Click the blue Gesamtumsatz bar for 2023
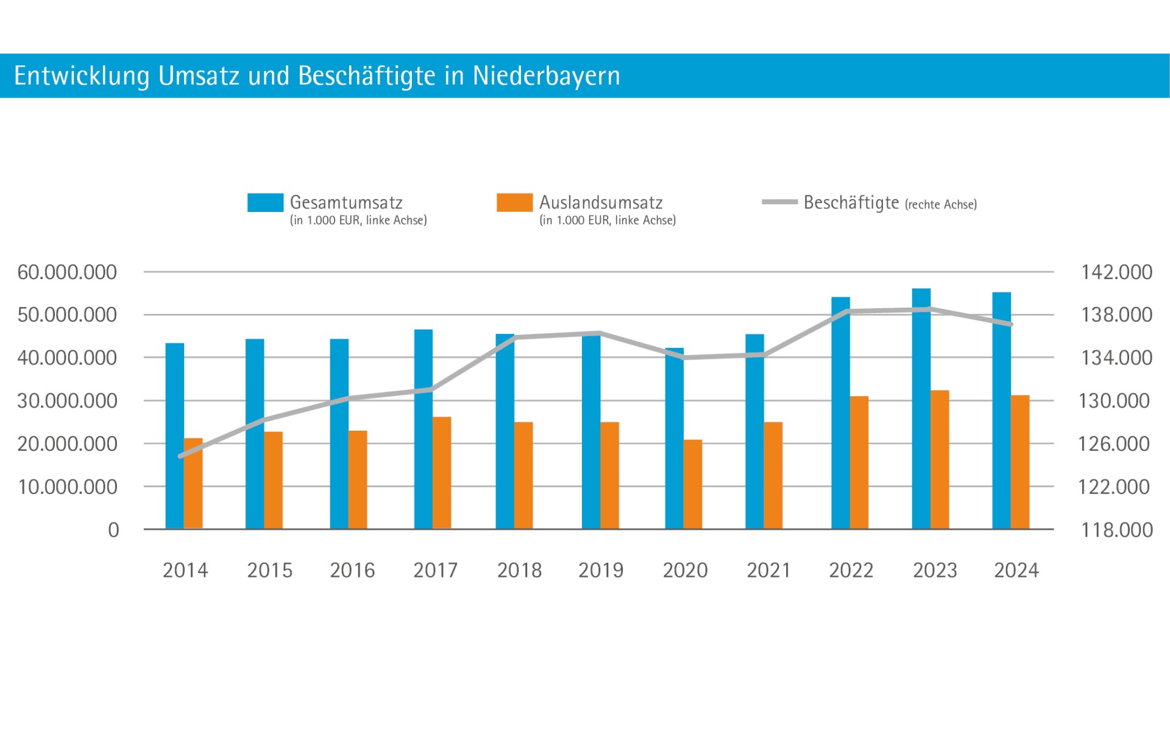(x=921, y=414)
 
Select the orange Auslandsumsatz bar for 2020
(x=693, y=484)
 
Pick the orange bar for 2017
(x=442, y=473)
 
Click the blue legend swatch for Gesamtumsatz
(x=265, y=203)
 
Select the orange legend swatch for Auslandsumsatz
(x=514, y=203)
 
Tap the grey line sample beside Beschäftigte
(x=779, y=202)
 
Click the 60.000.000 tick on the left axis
(x=67, y=272)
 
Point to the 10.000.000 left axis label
(x=68, y=487)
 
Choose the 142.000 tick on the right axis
(x=1116, y=272)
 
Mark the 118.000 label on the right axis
(x=1116, y=530)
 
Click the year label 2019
(x=601, y=571)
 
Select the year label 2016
(x=352, y=571)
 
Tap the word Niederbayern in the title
(x=546, y=76)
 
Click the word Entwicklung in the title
(x=82, y=76)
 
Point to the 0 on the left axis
(x=113, y=531)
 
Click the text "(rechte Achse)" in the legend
(x=941, y=205)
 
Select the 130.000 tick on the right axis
(x=1114, y=401)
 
